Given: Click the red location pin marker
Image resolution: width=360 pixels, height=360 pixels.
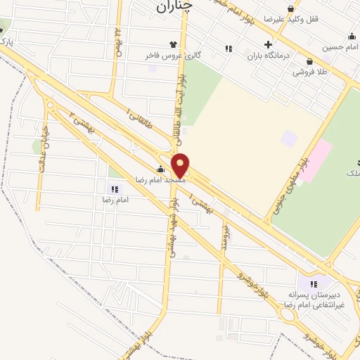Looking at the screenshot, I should [181, 165].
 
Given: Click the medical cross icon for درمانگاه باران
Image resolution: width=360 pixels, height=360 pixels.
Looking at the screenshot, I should [267, 44].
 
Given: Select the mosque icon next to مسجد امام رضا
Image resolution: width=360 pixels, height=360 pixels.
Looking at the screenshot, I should [161, 169].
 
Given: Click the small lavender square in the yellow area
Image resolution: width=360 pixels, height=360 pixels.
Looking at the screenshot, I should [289, 138].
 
